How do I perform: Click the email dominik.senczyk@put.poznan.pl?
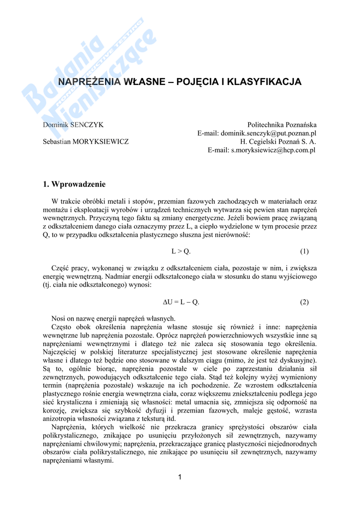[x=269, y=133]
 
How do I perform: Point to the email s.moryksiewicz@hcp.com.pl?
[x=273, y=150]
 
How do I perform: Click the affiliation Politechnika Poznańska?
[x=282, y=125]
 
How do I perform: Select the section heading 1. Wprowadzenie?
[x=75, y=184]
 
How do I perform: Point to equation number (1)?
[x=304, y=252]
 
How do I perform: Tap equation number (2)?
[x=304, y=302]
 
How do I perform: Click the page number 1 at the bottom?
[x=180, y=478]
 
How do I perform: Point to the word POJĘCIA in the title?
[x=198, y=82]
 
